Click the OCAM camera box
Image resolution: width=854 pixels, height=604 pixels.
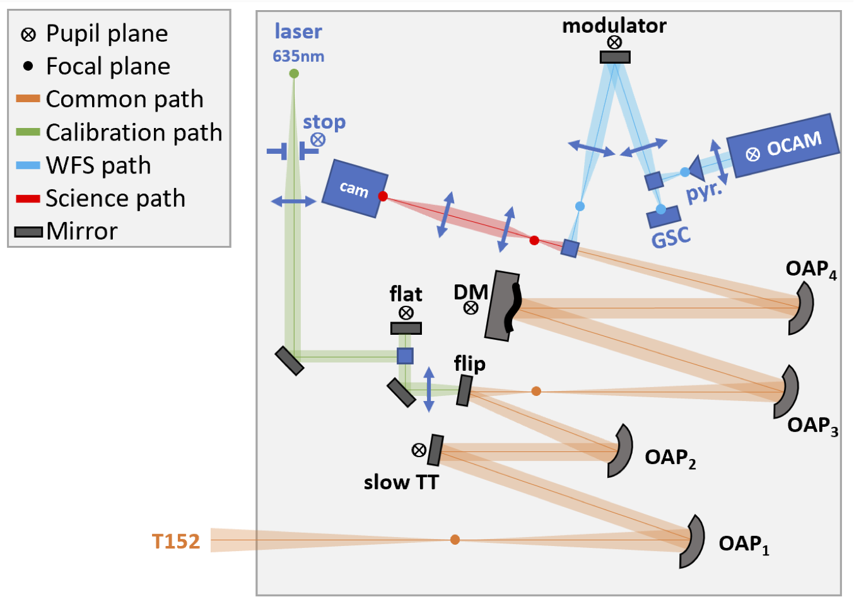click(x=784, y=146)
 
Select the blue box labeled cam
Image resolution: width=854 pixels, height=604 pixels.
click(x=354, y=189)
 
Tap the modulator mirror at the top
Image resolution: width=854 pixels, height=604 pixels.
click(x=615, y=57)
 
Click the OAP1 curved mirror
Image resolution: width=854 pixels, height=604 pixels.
click(x=694, y=542)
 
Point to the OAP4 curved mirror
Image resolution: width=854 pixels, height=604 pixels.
click(x=803, y=308)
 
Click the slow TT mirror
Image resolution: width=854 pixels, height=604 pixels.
click(x=435, y=450)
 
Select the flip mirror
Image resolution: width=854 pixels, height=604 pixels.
click(x=464, y=391)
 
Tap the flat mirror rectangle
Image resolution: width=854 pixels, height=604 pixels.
click(x=406, y=328)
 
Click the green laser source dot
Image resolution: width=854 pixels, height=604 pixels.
click(x=294, y=74)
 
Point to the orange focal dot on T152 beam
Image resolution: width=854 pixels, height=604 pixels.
click(x=455, y=540)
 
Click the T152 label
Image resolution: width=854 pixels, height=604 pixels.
click(x=176, y=541)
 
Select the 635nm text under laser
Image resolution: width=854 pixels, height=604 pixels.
click(x=298, y=57)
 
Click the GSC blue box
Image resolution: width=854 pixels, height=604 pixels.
click(x=664, y=217)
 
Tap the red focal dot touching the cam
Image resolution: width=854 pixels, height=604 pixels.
click(x=383, y=196)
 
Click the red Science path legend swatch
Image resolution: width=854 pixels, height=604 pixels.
click(x=28, y=199)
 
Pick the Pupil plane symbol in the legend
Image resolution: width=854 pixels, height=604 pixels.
click(x=28, y=34)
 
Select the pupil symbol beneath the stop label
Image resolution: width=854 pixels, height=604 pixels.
click(x=318, y=140)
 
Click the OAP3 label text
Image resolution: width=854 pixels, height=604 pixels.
click(x=812, y=426)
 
